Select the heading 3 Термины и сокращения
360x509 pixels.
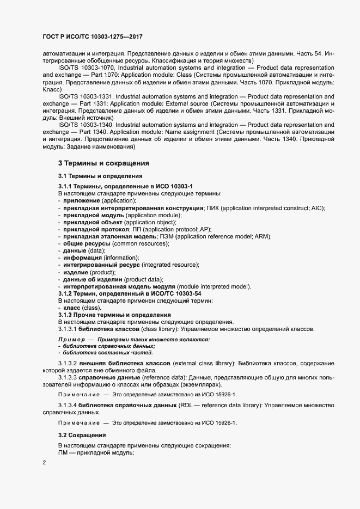pos(103,163)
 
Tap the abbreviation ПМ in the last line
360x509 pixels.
pos(63,453)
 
